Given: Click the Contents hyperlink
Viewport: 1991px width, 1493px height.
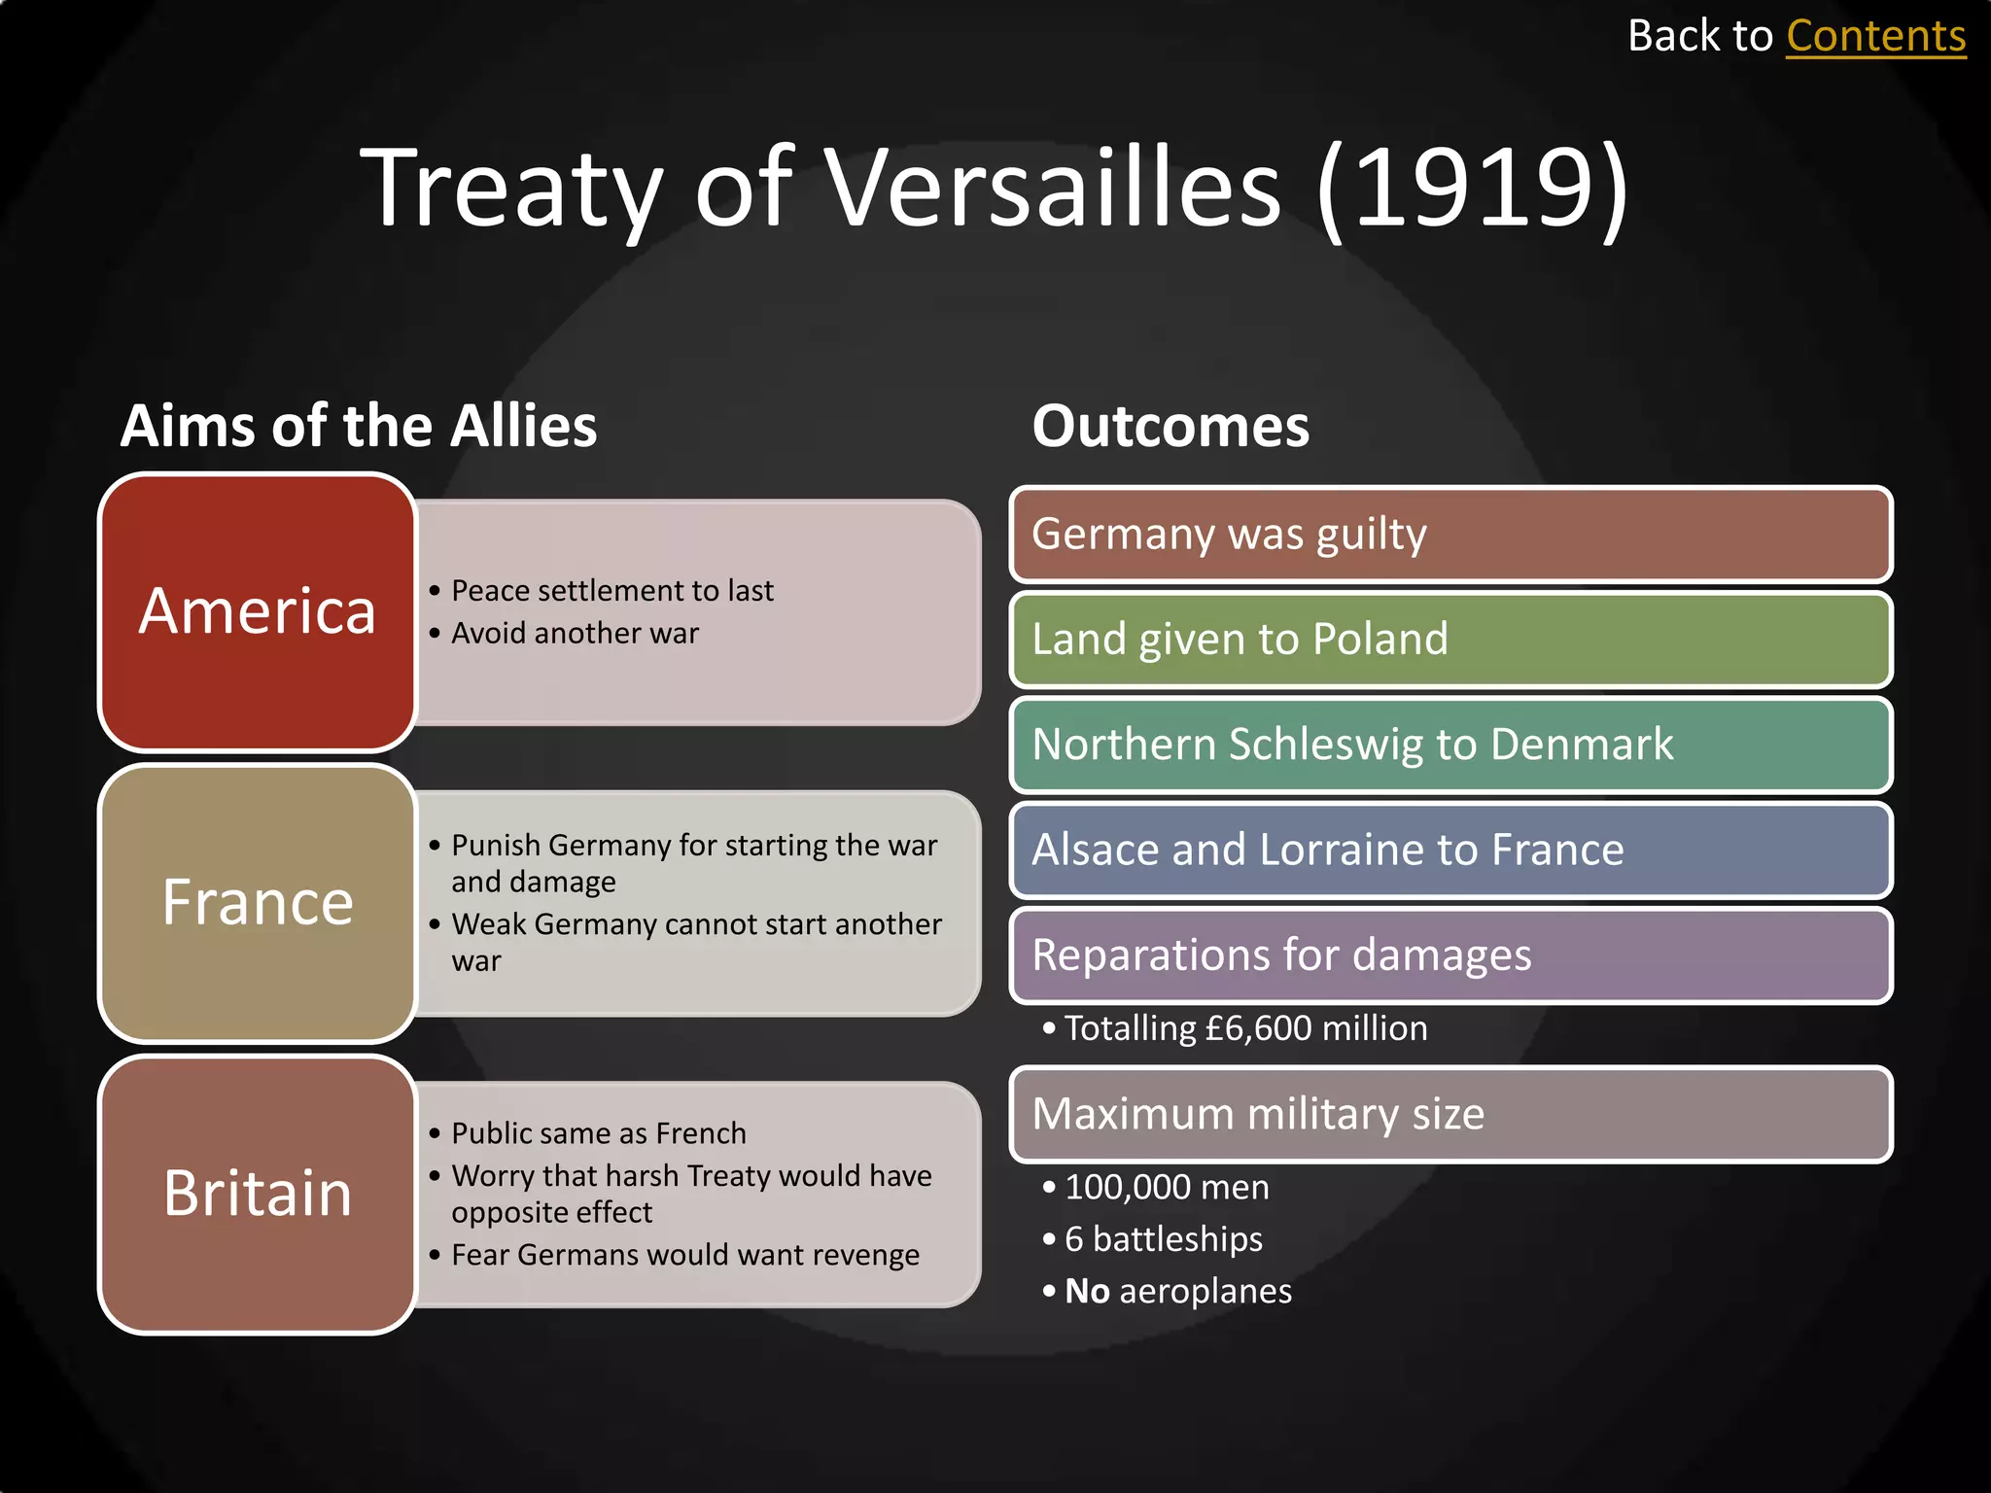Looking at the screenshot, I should [x=1875, y=37].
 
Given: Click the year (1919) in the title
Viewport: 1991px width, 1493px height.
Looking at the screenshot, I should [x=1472, y=188].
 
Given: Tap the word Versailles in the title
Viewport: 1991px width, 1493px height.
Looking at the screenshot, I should [x=1054, y=188].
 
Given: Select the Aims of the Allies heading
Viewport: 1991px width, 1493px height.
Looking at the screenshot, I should [x=359, y=426].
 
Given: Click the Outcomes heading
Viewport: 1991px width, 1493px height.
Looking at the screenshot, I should [x=1170, y=426].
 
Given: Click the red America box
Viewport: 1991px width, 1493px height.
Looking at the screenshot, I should [x=258, y=611].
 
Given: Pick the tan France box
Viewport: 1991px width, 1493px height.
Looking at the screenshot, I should [x=258, y=902].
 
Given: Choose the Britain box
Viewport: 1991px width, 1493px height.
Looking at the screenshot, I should [x=258, y=1193].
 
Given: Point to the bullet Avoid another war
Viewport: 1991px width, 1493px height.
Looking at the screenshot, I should [x=575, y=634].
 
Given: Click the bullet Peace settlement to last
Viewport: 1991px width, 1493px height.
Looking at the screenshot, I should [x=612, y=591].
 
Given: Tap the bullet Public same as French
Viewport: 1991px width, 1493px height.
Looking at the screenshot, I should [x=598, y=1133].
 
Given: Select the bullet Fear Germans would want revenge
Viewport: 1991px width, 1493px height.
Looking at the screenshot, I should [x=684, y=1255].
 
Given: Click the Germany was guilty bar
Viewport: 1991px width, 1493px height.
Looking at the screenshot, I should [x=1450, y=535].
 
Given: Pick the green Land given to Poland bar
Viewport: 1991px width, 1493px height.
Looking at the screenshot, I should [x=1450, y=640].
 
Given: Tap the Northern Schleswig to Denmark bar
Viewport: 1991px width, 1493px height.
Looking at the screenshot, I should [x=1450, y=745].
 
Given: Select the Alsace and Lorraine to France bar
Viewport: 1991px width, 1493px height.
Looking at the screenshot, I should [x=1450, y=850].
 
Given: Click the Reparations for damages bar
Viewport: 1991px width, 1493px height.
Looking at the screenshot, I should [x=1450, y=955].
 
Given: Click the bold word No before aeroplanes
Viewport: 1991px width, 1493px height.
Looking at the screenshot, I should [x=1087, y=1292].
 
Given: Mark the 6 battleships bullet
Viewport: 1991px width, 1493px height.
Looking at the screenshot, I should [x=1163, y=1239].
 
